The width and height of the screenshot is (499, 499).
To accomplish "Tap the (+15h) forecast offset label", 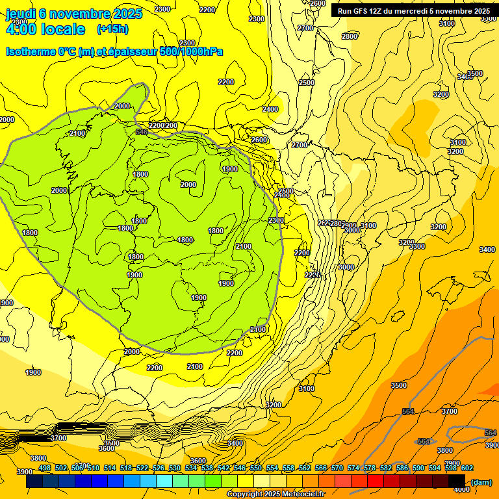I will pos(112,29).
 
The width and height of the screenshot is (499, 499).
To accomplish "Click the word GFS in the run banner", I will pos(362,11).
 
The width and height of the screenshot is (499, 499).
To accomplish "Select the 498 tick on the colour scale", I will pos(45,468).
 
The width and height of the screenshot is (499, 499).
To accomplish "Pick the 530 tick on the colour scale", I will pos(175,468).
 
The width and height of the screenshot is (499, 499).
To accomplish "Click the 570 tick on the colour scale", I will pos(337,468).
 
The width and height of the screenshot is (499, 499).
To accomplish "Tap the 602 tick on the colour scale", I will pos(467,468).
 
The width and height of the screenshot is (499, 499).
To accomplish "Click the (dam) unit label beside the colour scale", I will pos(481,481).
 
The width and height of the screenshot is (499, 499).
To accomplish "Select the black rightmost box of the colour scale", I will pos(457,481).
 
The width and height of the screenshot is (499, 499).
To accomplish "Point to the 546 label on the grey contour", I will pos(142,133).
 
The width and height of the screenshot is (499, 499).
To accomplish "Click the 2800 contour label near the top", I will pos(350,36).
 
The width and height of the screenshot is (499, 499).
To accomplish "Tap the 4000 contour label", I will pos(461,489).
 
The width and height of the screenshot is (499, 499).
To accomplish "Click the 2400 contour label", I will pos(270,109).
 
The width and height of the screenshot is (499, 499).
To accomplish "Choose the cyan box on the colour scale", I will pos(164,481).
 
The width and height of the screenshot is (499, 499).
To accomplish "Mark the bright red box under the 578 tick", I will pos(375,481).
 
